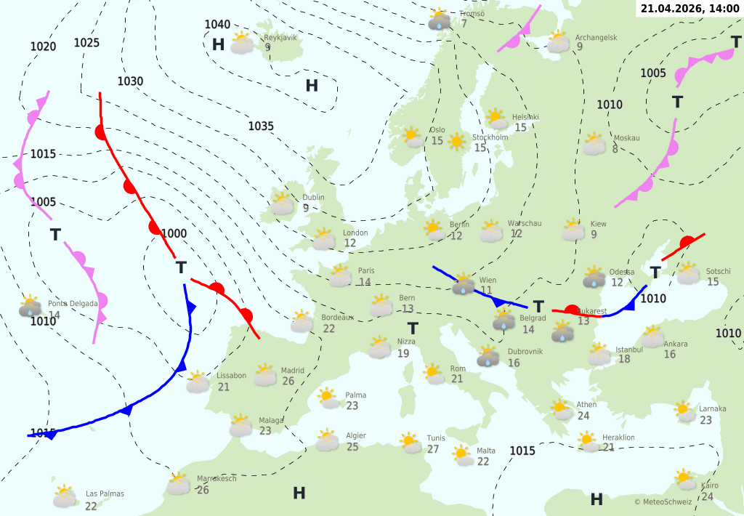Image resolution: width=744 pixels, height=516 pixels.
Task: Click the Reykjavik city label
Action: (x=280, y=37)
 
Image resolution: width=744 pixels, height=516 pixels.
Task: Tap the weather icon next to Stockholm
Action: (x=457, y=142)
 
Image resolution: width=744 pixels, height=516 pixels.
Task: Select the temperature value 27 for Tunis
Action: (x=433, y=449)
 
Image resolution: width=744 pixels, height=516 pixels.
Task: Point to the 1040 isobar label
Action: (x=217, y=25)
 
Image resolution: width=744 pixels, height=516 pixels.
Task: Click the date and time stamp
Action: (x=690, y=8)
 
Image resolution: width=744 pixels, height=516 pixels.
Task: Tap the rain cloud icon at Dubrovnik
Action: (x=488, y=357)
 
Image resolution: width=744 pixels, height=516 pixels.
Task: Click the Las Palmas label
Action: (x=105, y=493)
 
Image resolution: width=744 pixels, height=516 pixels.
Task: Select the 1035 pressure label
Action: (x=261, y=126)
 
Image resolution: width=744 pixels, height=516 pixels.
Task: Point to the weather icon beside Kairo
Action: (x=684, y=479)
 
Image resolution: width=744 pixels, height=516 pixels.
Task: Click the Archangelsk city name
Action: (x=596, y=37)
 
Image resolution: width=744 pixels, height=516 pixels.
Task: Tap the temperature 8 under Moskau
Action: (x=615, y=149)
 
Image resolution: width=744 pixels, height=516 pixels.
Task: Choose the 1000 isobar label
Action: (x=174, y=233)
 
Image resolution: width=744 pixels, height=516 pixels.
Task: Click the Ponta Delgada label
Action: (x=68, y=303)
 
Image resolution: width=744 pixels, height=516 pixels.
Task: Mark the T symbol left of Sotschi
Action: (x=655, y=273)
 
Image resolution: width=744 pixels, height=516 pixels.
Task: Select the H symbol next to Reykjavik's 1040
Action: (x=218, y=44)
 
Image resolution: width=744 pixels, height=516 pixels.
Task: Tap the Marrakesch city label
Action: (x=217, y=478)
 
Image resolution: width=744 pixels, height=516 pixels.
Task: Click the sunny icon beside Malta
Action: (x=462, y=456)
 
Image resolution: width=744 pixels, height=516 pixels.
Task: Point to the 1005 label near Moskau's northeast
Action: (x=653, y=73)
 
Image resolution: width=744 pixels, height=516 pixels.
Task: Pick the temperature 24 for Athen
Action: (x=583, y=416)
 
